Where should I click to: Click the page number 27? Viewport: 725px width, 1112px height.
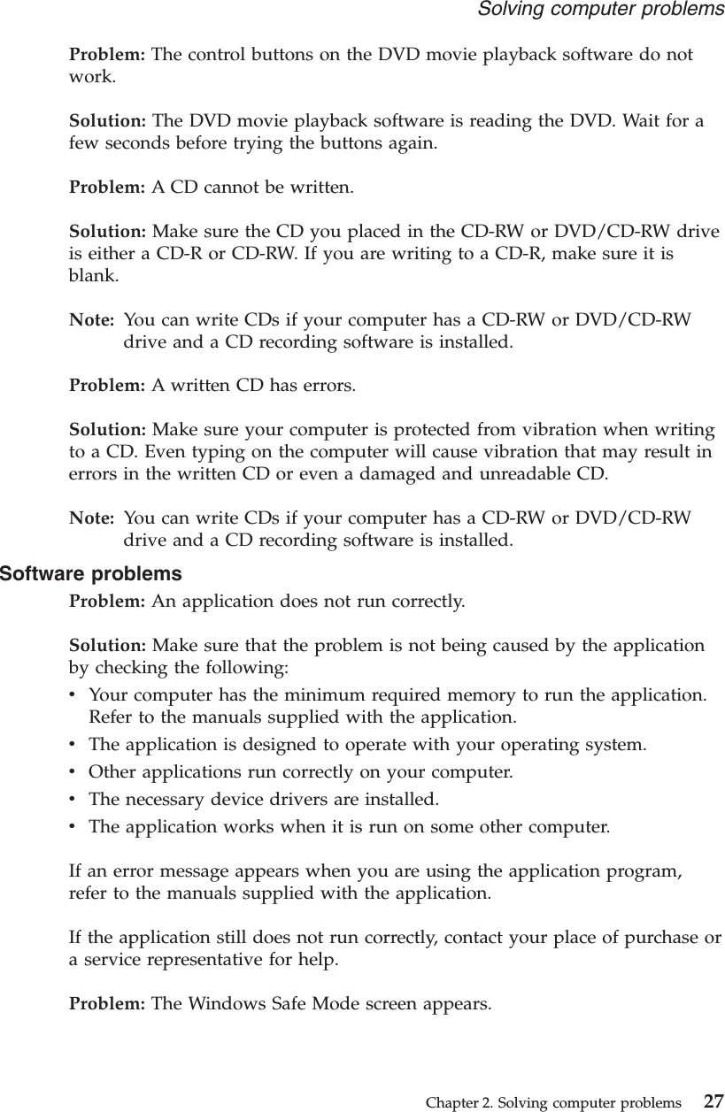[x=713, y=1102]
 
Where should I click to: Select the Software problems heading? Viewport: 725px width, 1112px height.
[x=90, y=574]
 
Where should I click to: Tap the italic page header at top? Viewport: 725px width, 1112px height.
[x=600, y=10]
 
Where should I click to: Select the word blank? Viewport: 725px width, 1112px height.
[x=90, y=275]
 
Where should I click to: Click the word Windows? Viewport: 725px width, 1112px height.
[x=236, y=1003]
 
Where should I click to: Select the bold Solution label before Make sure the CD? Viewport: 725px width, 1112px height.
[x=108, y=232]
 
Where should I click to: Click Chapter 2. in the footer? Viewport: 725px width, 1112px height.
[x=458, y=1103]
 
